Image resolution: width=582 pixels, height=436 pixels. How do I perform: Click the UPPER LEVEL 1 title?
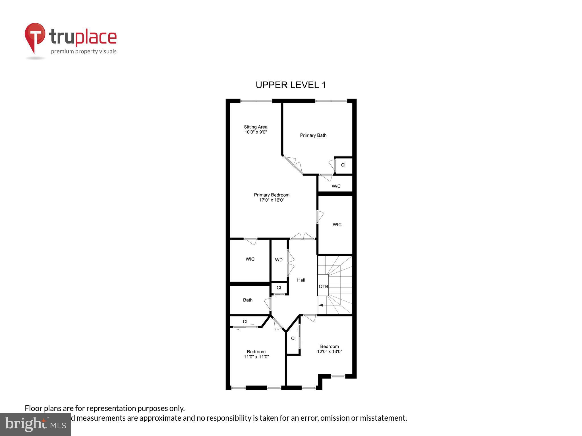coord(291,85)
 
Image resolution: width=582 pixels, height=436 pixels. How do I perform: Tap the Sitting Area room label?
coord(256,127)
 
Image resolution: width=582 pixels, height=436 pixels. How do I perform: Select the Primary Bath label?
coord(313,135)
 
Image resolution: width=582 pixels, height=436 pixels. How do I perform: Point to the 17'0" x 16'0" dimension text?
coord(272,200)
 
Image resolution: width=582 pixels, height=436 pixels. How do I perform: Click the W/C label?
coord(336,186)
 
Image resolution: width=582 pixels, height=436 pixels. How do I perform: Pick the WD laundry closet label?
coord(279,260)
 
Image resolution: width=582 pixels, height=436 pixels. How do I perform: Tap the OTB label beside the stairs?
coord(323,286)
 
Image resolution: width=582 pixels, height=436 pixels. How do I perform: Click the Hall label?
coord(301,280)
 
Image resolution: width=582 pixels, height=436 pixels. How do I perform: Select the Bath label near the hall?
coord(248,300)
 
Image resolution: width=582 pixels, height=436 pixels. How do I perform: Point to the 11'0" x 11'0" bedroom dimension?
coord(256,357)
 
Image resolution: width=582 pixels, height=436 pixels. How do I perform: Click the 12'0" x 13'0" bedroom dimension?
coord(330,351)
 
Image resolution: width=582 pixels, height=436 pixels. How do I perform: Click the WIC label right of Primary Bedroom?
coord(337,224)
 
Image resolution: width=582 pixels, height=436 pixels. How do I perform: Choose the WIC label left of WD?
coord(250,259)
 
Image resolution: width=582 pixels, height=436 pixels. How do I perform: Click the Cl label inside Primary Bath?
coord(343,165)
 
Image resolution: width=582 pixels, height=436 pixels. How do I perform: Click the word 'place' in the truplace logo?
coord(96,37)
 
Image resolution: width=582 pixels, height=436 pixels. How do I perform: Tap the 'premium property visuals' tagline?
coord(84,51)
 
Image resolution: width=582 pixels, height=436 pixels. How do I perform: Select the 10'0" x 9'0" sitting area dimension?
coord(256,132)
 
